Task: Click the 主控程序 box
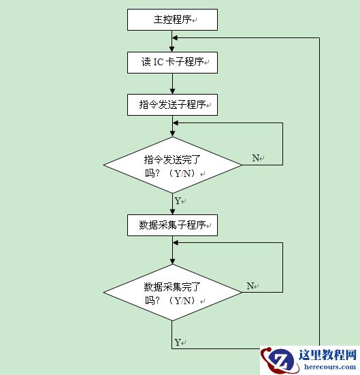[172, 20]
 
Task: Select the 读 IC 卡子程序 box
[172, 63]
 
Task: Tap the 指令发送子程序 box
[172, 105]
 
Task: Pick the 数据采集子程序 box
[172, 225]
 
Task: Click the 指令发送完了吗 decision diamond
[172, 165]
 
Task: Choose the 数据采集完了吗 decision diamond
[172, 293]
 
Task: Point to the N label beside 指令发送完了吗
[256, 158]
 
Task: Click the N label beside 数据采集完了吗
[250, 286]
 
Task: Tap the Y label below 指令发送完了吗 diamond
[178, 201]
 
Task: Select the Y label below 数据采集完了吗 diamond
[178, 342]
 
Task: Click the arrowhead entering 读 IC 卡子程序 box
[172, 49]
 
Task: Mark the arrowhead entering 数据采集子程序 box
[172, 212]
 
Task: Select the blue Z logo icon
[279, 359]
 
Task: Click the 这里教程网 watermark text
[328, 355]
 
